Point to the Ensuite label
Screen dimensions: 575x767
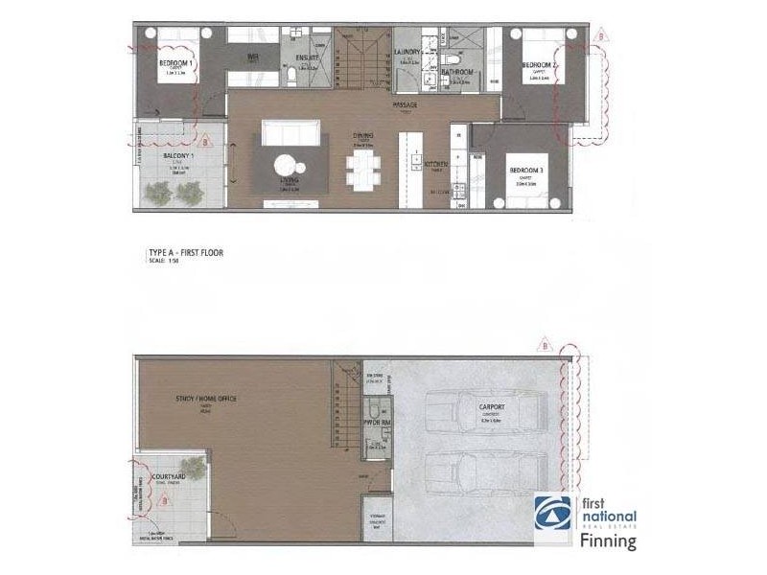(306, 58)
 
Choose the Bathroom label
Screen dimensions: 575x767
(457, 72)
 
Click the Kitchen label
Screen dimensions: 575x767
(437, 164)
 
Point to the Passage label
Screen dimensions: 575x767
(409, 103)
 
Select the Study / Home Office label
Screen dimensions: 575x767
(206, 398)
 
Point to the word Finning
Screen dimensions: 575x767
(609, 541)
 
